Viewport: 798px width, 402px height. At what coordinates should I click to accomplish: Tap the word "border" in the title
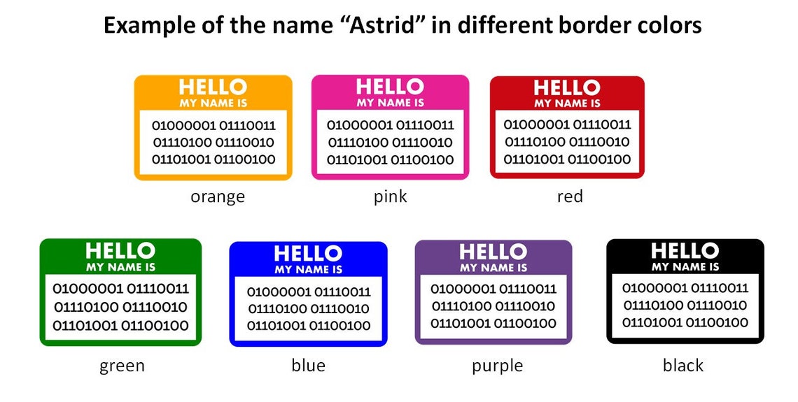pos(590,25)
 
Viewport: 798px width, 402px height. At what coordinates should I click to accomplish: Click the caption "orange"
pos(218,196)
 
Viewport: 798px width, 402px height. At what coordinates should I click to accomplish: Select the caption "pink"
pos(391,196)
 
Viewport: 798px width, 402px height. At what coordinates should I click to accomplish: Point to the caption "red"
pos(570,196)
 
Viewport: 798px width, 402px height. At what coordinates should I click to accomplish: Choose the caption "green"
pos(122,366)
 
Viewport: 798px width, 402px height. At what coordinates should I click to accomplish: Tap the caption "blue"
pos(309,365)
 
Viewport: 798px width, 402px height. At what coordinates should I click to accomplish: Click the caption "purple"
pos(497,366)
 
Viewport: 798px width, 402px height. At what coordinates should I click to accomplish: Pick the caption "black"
pos(683,365)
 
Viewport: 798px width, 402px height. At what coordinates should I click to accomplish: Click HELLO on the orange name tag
pos(213,87)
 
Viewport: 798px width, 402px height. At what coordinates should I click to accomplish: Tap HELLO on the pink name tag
pos(390,87)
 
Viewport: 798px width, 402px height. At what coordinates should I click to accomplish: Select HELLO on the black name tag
pos(685,250)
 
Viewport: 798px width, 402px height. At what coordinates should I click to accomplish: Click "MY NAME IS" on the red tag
pos(568,103)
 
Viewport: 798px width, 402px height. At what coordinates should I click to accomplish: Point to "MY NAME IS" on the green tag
pos(120,267)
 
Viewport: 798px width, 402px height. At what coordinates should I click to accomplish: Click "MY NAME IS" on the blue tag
pos(309,269)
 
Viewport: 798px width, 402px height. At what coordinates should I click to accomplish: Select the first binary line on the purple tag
pos(493,289)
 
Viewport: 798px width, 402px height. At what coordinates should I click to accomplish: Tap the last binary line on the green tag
pos(120,326)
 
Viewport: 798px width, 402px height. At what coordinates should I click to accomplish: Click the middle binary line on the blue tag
pos(309,308)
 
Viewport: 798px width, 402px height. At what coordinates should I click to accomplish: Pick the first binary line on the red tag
pos(568,124)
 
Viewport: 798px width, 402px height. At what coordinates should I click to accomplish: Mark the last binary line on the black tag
pos(685,322)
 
